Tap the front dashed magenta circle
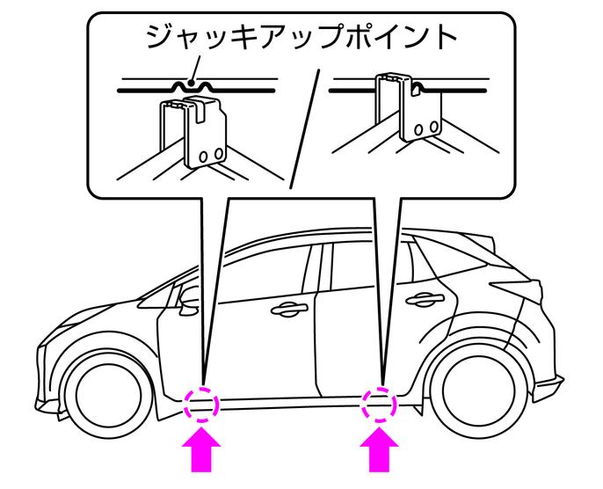202,405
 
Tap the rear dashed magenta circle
380,405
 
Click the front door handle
287,308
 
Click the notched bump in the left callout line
193,85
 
